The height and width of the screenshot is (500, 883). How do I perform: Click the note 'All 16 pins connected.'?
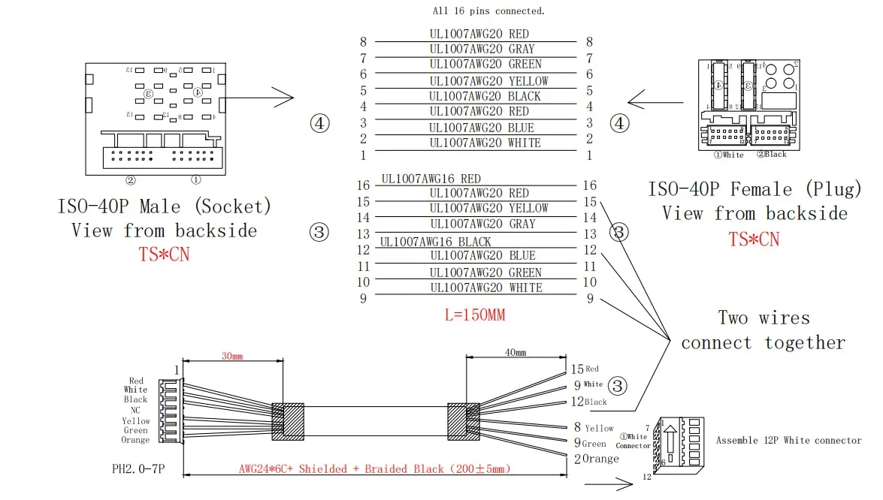(x=488, y=11)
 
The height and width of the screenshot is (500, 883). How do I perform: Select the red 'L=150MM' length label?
(x=475, y=315)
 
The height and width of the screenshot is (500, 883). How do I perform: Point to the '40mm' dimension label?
(x=515, y=352)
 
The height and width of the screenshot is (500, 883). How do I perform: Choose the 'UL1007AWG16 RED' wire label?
(x=431, y=179)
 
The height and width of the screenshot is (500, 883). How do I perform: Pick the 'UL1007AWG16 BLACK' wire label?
(x=435, y=242)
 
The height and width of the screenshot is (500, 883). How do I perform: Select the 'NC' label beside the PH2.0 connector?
(x=135, y=411)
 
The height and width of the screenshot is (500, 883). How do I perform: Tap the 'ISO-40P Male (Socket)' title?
(x=165, y=206)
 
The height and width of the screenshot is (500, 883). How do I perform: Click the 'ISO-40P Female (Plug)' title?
(x=754, y=189)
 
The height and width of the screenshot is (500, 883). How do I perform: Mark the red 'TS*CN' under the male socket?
(x=165, y=255)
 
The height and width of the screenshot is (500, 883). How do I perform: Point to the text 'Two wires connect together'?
(x=763, y=330)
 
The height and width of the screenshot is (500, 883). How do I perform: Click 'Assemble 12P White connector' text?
(x=788, y=440)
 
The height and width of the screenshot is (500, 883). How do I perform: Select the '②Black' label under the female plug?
(x=770, y=154)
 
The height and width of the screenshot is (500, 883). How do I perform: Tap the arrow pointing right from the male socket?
(x=259, y=98)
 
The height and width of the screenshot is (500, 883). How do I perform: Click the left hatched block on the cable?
(x=287, y=421)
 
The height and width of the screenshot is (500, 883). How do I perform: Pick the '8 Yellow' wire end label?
(x=593, y=427)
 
